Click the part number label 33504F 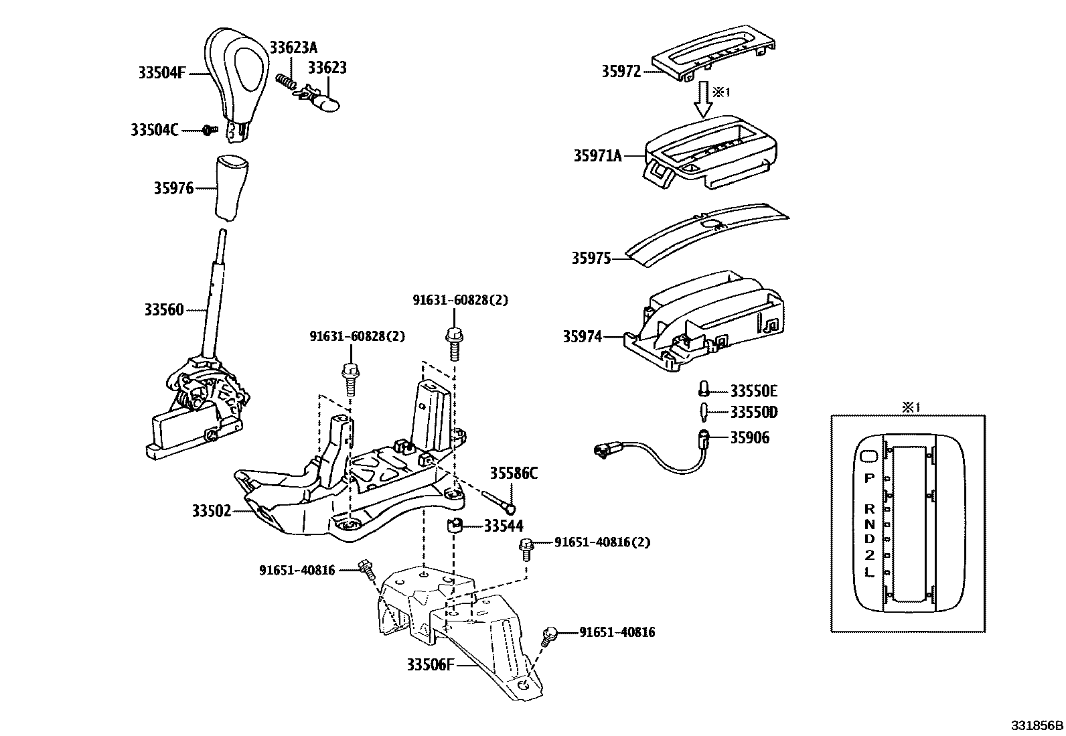161,73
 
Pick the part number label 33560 163,310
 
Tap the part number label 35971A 597,156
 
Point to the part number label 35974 582,337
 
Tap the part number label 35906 749,437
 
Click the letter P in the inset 869,478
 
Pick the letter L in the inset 869,572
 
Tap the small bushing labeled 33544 455,526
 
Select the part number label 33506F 431,664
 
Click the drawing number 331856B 1037,726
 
